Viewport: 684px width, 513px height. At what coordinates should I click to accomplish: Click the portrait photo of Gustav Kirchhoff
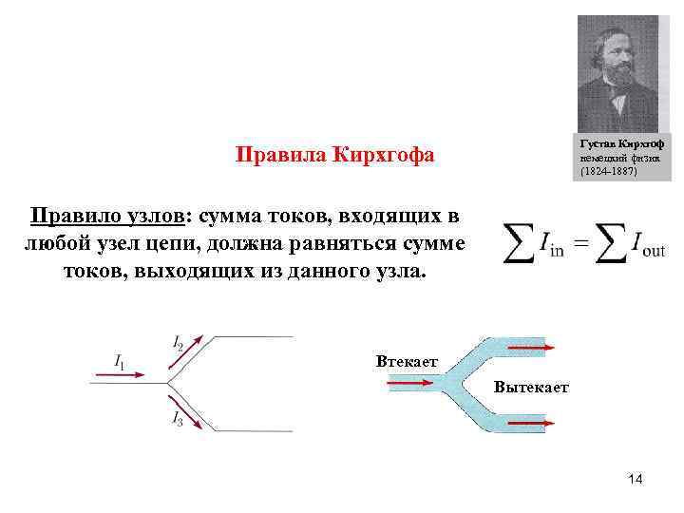(x=617, y=73)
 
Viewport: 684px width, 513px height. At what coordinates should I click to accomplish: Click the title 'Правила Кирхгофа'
(x=334, y=154)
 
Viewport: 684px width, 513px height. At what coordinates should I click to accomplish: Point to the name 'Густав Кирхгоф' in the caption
(x=621, y=142)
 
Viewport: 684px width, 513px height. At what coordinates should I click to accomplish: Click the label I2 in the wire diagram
(x=179, y=341)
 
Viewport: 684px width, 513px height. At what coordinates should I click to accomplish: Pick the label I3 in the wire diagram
(x=178, y=418)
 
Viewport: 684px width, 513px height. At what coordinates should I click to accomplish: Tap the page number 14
(x=635, y=481)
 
